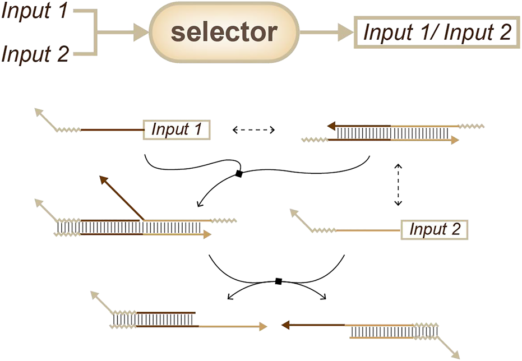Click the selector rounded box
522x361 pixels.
click(x=224, y=33)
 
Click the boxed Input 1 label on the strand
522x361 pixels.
click(x=177, y=130)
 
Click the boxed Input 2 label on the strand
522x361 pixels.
click(x=435, y=229)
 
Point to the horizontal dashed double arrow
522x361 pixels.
click(x=253, y=130)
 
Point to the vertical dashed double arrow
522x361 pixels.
click(x=398, y=185)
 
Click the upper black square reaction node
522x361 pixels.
click(x=238, y=174)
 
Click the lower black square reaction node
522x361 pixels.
click(x=278, y=281)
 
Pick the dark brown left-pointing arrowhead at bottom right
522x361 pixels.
click(x=284, y=324)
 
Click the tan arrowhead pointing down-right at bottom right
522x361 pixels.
click(x=456, y=354)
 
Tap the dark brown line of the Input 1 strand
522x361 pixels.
click(x=112, y=130)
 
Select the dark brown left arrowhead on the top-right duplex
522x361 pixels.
click(x=332, y=126)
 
